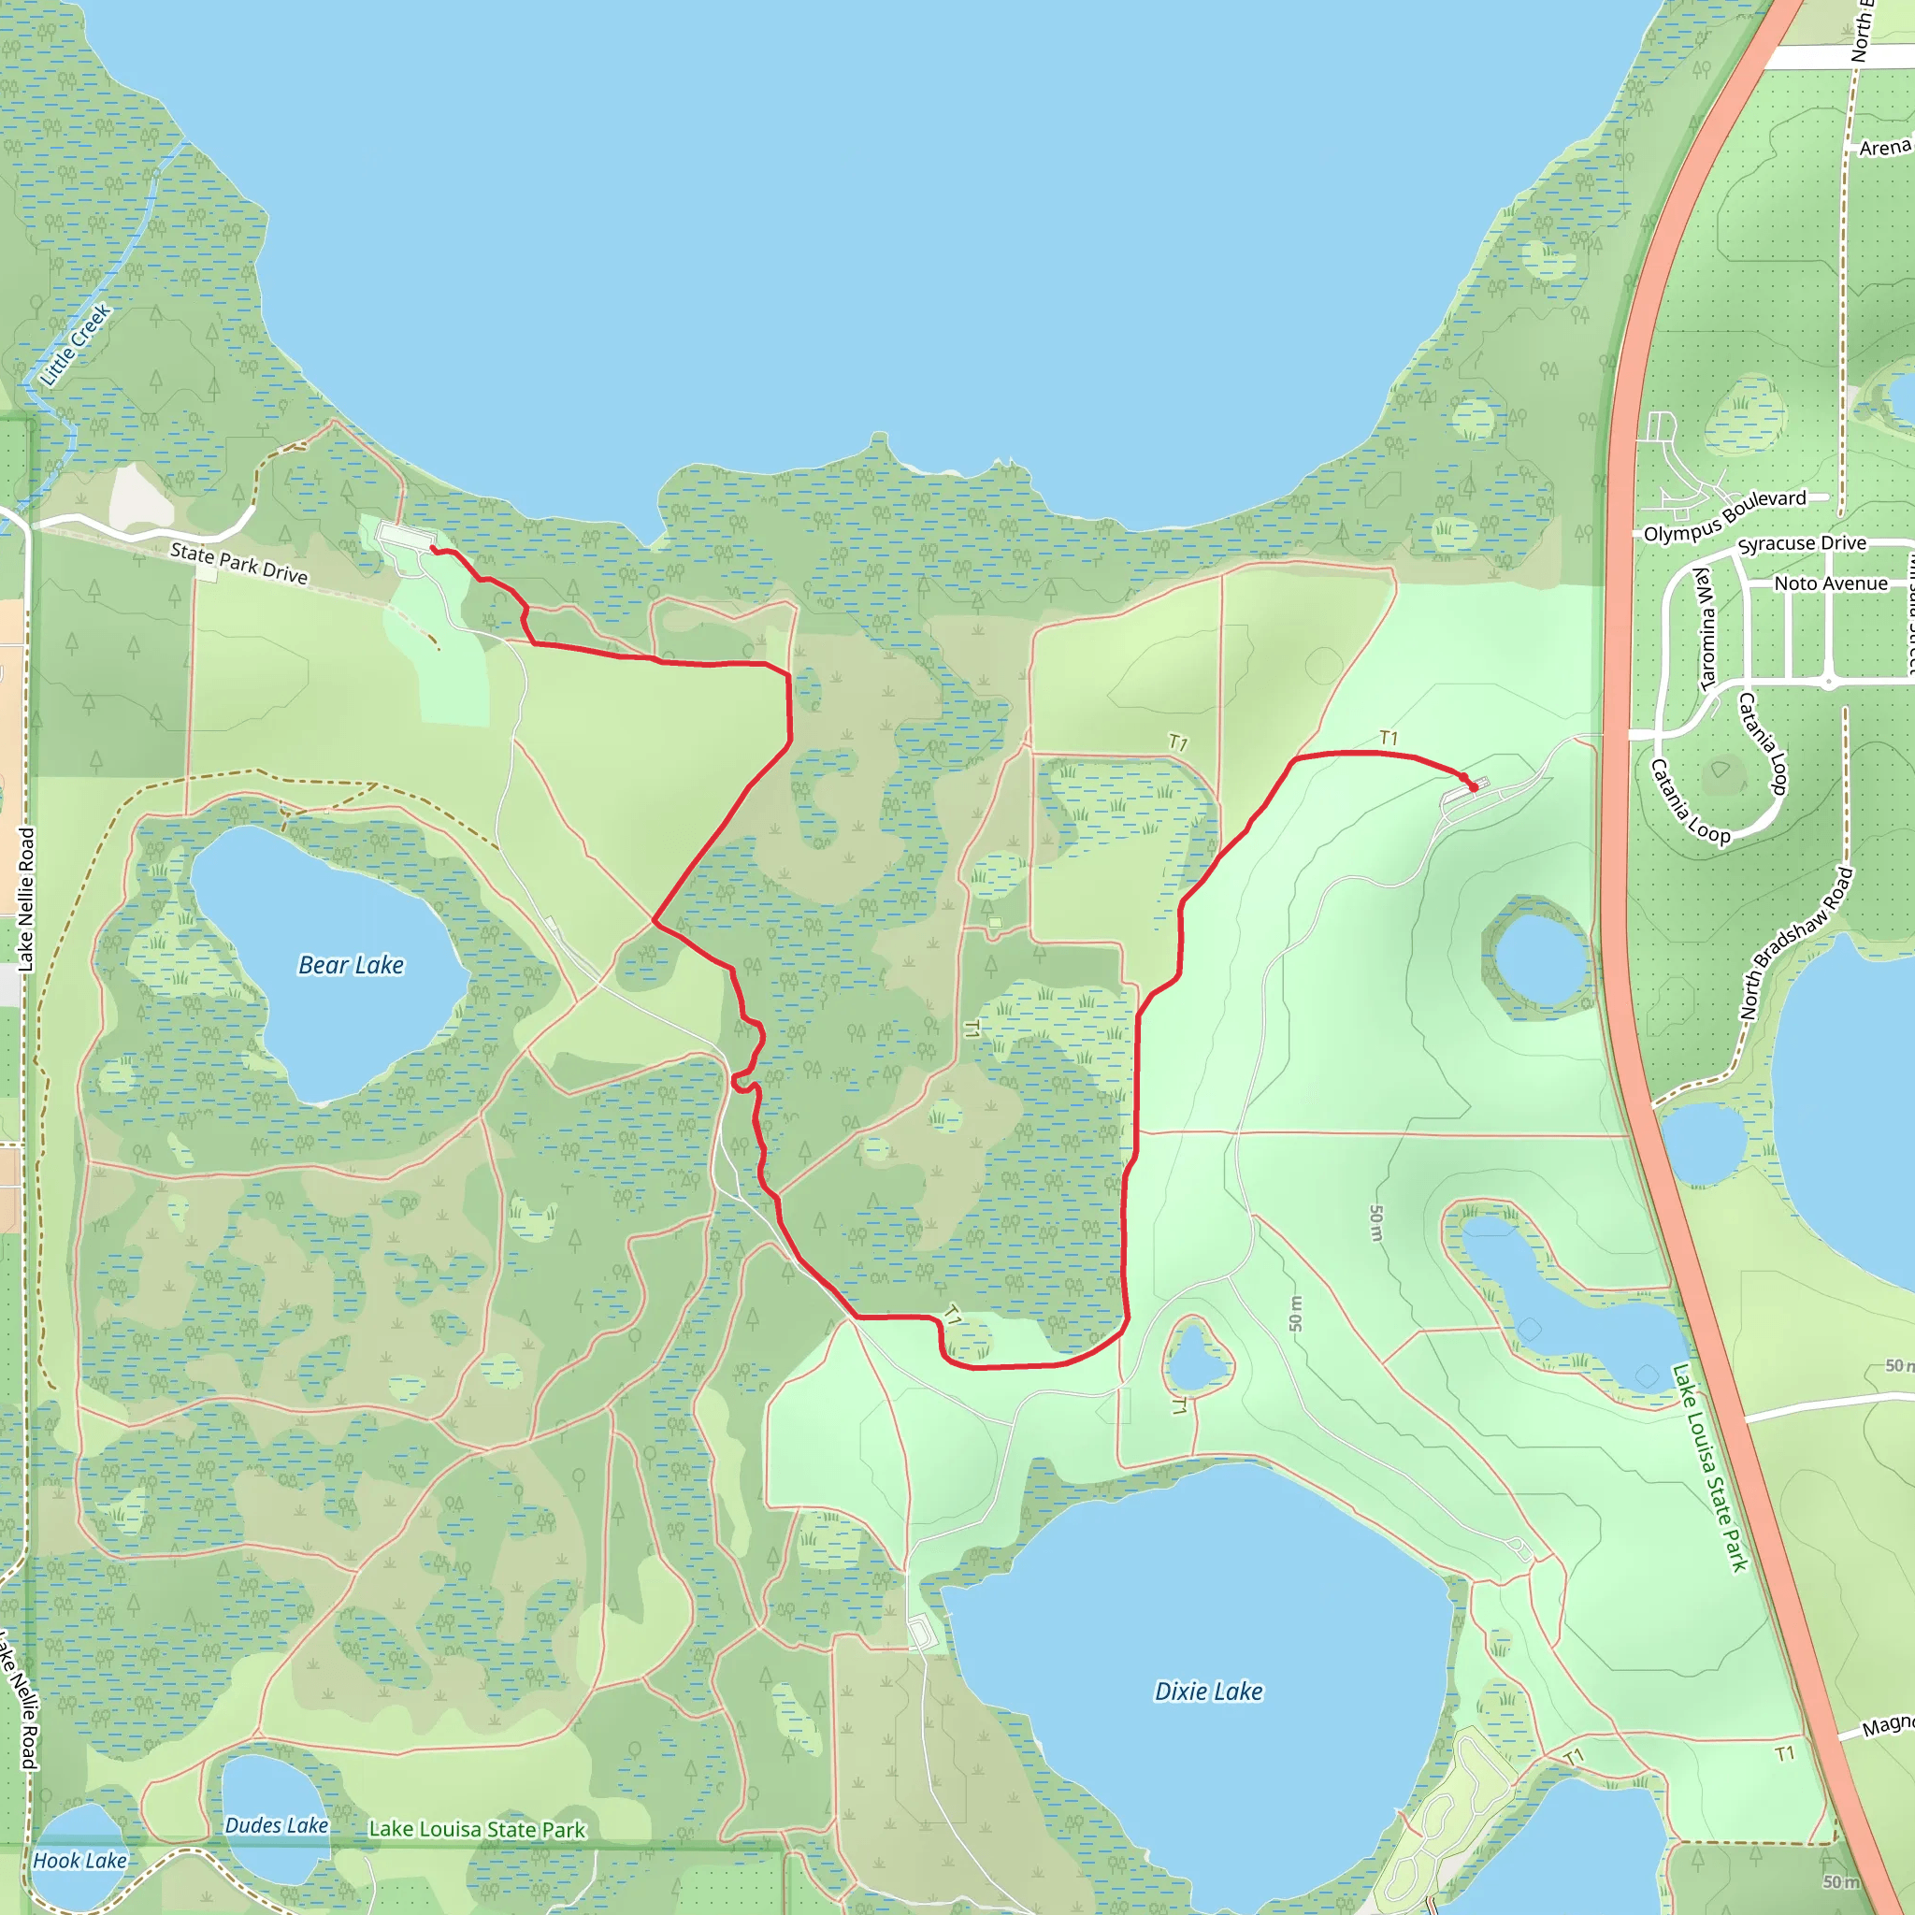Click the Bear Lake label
351,964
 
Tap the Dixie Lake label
1208,1691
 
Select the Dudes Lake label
276,1825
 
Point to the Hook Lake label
79,1861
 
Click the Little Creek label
76,345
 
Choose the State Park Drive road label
238,563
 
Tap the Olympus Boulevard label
1724,515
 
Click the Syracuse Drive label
1802,543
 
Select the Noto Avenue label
1831,583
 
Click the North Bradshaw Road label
1796,943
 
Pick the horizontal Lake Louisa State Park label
477,1830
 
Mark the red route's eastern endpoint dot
1473,787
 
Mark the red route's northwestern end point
433,548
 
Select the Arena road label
1884,148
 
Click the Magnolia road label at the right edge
1887,1727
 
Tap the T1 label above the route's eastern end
1388,739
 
